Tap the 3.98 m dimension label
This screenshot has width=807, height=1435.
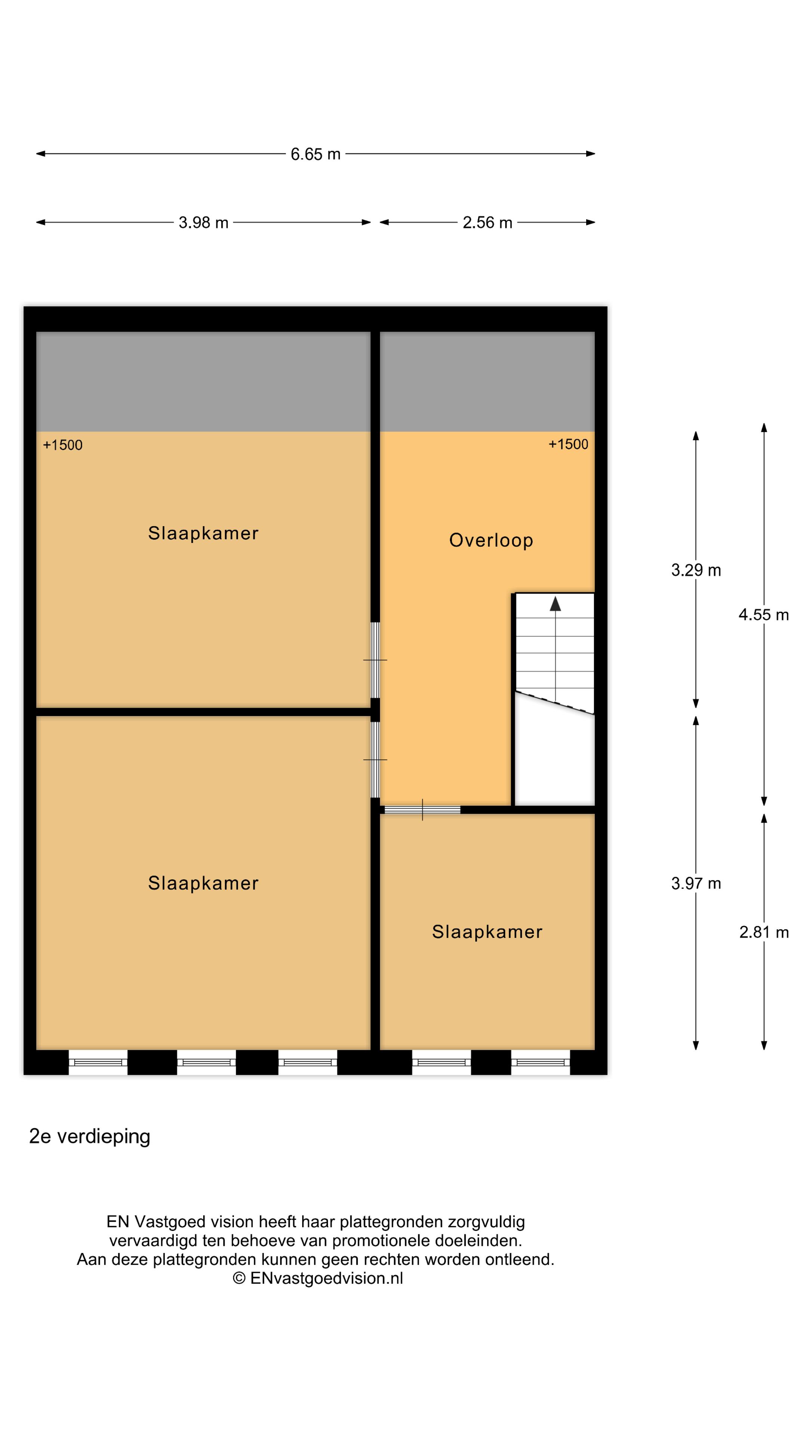(x=203, y=222)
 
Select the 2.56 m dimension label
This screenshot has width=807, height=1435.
(x=487, y=222)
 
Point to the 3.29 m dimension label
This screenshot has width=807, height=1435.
(x=696, y=570)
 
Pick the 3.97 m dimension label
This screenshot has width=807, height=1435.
(x=696, y=883)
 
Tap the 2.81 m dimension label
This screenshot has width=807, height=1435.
(x=764, y=932)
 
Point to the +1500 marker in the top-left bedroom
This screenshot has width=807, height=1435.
(x=62, y=445)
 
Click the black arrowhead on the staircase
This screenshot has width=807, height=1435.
(x=555, y=604)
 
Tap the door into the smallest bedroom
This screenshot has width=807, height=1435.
(x=423, y=810)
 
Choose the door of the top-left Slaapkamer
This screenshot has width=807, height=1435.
(x=375, y=660)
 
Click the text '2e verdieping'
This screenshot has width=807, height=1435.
(x=90, y=1136)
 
